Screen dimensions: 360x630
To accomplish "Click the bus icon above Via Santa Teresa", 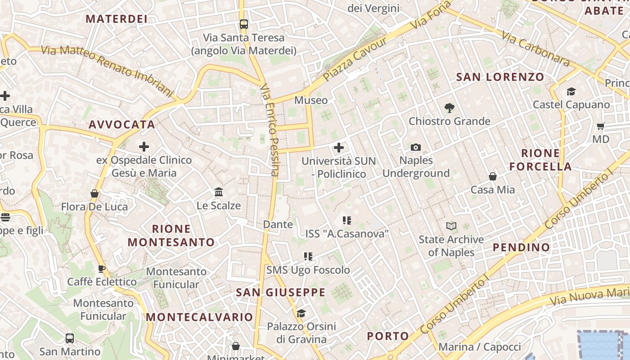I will (243, 24).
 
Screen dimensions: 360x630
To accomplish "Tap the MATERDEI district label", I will (117, 19).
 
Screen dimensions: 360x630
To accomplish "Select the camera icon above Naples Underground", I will (416, 147).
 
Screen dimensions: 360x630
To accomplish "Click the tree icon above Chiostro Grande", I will (449, 108).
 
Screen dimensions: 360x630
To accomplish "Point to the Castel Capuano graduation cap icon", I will (571, 92).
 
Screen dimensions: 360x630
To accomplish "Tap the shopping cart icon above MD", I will (600, 126).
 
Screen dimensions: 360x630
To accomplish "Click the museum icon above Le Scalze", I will (219, 192).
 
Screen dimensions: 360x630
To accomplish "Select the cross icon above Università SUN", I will (338, 147).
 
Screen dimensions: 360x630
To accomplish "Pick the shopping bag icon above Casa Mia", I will (493, 176).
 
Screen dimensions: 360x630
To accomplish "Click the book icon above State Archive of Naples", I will (451, 226).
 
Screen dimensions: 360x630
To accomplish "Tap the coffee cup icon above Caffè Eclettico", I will (102, 269).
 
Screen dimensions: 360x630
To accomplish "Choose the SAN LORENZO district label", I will (500, 77).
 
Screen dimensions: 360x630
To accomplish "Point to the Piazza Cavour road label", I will (355, 59).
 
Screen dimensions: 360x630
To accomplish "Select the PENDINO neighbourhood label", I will (521, 247).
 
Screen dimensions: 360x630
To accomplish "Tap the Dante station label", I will (278, 224).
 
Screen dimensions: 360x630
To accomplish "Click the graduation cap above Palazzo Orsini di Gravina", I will (301, 313).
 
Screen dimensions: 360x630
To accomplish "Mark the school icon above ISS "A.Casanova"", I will (346, 220).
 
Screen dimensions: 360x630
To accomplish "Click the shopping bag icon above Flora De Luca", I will (94, 193).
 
